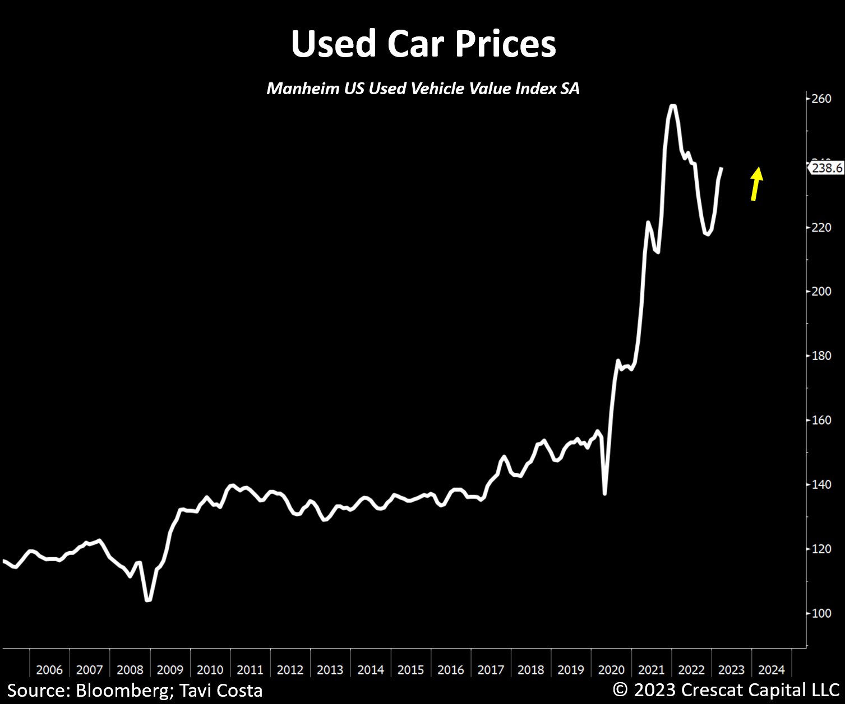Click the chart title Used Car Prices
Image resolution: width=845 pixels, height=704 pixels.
pyautogui.click(x=423, y=44)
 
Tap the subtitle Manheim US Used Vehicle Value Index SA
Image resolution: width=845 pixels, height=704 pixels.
pyautogui.click(x=423, y=88)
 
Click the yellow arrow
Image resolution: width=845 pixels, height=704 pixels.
pyautogui.click(x=756, y=184)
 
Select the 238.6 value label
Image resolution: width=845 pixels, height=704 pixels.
pyautogui.click(x=826, y=167)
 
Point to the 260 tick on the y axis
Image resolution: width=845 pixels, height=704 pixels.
pyautogui.click(x=821, y=99)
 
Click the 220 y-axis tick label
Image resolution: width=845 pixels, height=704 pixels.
pyautogui.click(x=821, y=227)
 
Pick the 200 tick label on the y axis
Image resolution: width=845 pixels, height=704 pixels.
pyautogui.click(x=821, y=291)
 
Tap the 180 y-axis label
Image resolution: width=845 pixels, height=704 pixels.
pyautogui.click(x=821, y=356)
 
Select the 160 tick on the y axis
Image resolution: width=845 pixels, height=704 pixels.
pyautogui.click(x=821, y=420)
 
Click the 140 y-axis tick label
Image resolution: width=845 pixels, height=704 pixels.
pyautogui.click(x=821, y=484)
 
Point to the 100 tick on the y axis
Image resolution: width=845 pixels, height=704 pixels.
pyautogui.click(x=821, y=613)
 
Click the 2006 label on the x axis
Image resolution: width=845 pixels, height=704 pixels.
pyautogui.click(x=49, y=670)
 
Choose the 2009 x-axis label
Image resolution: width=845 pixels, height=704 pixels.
pyautogui.click(x=170, y=670)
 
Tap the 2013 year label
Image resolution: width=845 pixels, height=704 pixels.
pyautogui.click(x=330, y=670)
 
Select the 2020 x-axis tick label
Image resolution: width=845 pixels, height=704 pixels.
pyautogui.click(x=611, y=670)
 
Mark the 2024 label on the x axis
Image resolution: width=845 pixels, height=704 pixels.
pyautogui.click(x=772, y=670)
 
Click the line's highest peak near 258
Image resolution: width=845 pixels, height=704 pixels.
pyautogui.click(x=673, y=106)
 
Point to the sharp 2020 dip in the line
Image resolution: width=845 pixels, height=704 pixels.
pyautogui.click(x=604, y=493)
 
